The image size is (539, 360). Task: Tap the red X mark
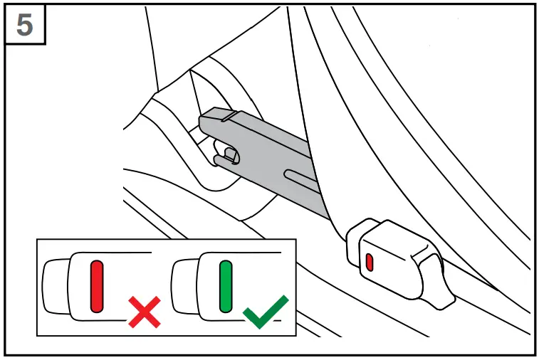click(x=145, y=314)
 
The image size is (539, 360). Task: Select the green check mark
click(x=265, y=312)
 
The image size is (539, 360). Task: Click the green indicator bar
click(x=226, y=286)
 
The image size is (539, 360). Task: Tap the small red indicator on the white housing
click(x=369, y=261)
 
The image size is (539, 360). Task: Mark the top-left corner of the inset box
click(x=37, y=240)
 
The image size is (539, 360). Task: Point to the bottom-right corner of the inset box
click(x=295, y=335)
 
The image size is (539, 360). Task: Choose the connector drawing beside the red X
click(x=78, y=286)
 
